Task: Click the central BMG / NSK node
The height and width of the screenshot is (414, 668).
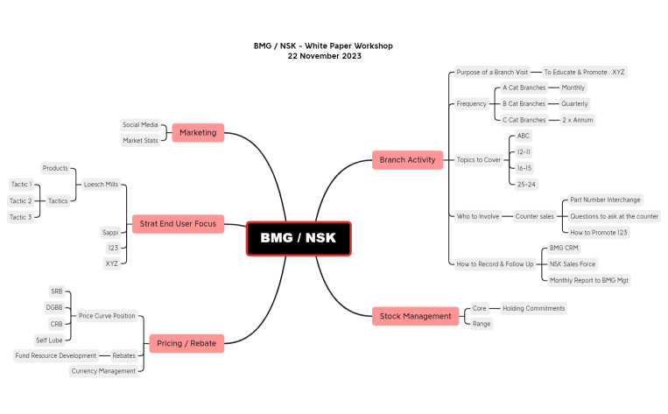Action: pyautogui.click(x=298, y=238)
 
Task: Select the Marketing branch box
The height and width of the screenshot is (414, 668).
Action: pyautogui.click(x=198, y=132)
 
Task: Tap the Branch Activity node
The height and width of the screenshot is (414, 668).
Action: pyautogui.click(x=407, y=159)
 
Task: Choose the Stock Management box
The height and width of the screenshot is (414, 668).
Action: pyautogui.click(x=415, y=316)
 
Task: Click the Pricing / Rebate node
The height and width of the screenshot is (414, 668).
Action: pyautogui.click(x=186, y=344)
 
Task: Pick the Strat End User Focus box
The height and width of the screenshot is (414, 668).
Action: pyautogui.click(x=178, y=224)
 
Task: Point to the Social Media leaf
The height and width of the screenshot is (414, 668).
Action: pyautogui.click(x=140, y=125)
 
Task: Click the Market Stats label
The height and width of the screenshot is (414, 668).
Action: pyautogui.click(x=140, y=140)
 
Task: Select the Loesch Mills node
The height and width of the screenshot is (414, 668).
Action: pyautogui.click(x=100, y=185)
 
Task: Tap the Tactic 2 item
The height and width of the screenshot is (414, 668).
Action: pyautogui.click(x=21, y=200)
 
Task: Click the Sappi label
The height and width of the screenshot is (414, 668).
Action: pyautogui.click(x=109, y=233)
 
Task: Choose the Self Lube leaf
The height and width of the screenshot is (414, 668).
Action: pyautogui.click(x=48, y=340)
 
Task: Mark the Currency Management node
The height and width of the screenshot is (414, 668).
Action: pyautogui.click(x=103, y=371)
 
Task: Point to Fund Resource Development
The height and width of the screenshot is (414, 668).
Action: pyautogui.click(x=55, y=355)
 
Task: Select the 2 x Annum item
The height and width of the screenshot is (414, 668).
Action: pyautogui.click(x=577, y=119)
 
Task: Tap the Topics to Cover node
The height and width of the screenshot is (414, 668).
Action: pyautogui.click(x=479, y=160)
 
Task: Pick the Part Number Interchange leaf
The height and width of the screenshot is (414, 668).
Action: pyautogui.click(x=605, y=200)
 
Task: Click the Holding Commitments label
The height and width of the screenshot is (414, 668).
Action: pyautogui.click(x=533, y=308)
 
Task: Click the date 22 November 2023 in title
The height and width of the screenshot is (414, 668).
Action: pyautogui.click(x=324, y=56)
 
